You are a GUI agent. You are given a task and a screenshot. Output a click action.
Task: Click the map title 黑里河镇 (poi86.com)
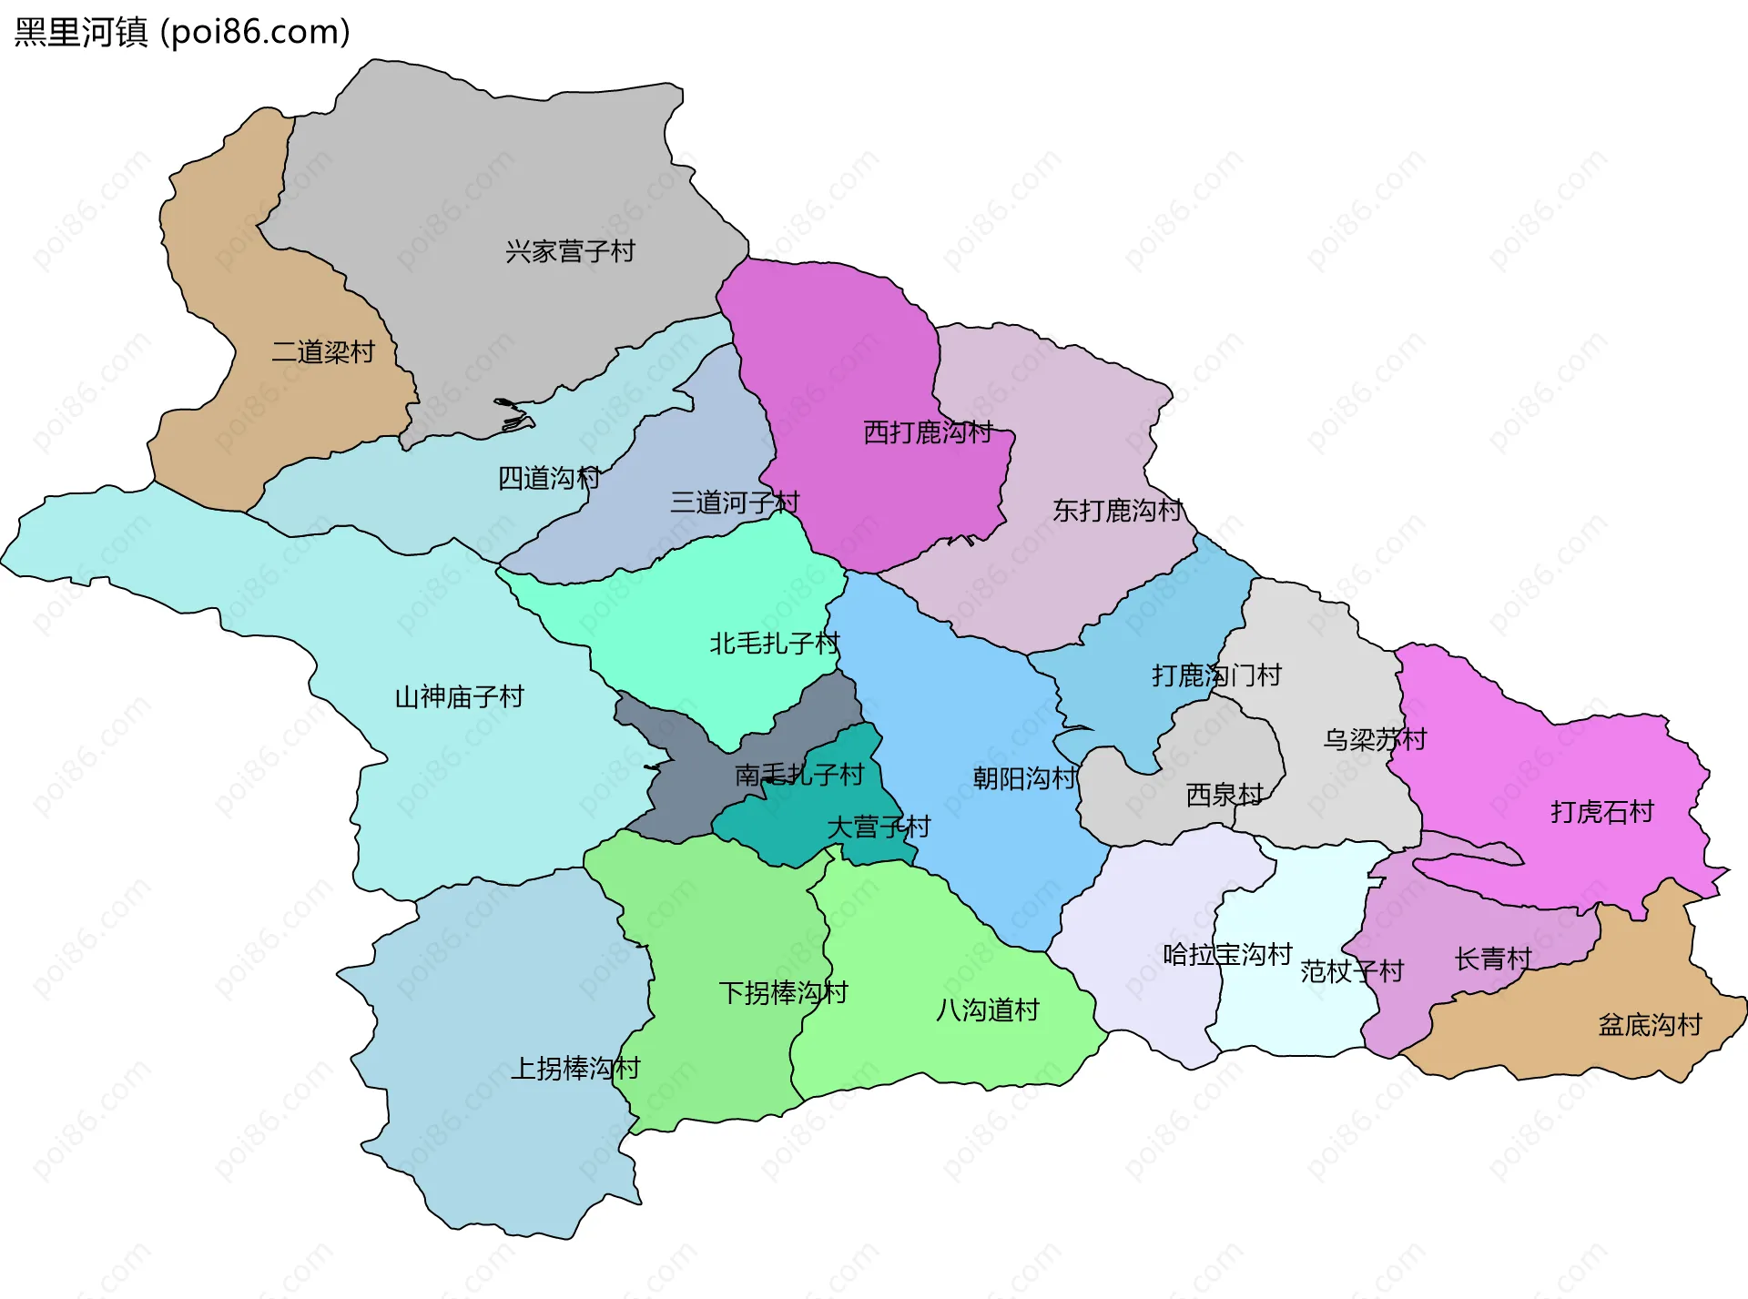[182, 33]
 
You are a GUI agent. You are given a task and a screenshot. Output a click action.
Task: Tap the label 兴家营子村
[570, 251]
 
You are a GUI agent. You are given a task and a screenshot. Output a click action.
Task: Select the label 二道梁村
[323, 352]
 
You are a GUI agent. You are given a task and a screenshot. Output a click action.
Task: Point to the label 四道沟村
[549, 478]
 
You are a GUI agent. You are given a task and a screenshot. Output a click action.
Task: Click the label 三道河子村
[735, 502]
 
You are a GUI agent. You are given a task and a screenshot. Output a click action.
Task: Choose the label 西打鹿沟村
[928, 432]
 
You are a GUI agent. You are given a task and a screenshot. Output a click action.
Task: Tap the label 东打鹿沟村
[1117, 511]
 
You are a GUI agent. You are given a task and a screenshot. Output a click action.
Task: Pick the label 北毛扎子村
[774, 644]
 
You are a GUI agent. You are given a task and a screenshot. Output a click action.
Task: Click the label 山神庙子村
[459, 697]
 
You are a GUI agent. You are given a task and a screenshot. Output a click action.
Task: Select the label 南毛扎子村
[799, 775]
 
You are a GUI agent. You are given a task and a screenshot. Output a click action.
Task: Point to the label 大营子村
[879, 827]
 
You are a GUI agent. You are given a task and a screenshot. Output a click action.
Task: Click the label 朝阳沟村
[1024, 778]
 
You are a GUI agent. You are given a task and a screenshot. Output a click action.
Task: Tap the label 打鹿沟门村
[1216, 675]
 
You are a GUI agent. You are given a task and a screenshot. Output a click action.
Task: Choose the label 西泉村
[1225, 796]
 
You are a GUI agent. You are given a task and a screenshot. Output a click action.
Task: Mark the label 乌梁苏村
[1375, 739]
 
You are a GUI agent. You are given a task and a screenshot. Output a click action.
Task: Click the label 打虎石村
[1602, 812]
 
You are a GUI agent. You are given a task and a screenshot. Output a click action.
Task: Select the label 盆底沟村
[1650, 1026]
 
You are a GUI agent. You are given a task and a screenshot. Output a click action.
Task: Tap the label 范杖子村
[1352, 972]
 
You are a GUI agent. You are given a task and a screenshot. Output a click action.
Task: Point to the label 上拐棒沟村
[575, 1069]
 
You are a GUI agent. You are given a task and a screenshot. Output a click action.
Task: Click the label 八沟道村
[988, 1010]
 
